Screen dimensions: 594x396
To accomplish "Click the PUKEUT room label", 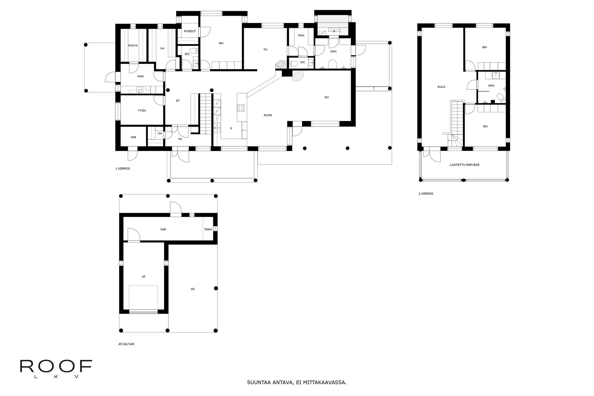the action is pyautogui.click(x=190, y=31).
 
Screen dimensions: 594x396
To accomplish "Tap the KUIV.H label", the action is pyautogui.click(x=133, y=45).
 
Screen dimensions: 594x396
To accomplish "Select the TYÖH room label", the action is pyautogui.click(x=142, y=110).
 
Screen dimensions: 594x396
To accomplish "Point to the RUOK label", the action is pyautogui.click(x=268, y=115).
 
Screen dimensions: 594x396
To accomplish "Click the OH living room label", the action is pyautogui.click(x=326, y=97).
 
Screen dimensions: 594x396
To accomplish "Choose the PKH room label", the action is pyautogui.click(x=301, y=36).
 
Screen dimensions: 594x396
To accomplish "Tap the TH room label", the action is pyautogui.click(x=265, y=49).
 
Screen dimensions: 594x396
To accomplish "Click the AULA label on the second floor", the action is pyautogui.click(x=441, y=87).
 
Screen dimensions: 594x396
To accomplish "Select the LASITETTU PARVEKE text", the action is pyautogui.click(x=465, y=165).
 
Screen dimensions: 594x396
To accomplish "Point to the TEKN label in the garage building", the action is pyautogui.click(x=208, y=230).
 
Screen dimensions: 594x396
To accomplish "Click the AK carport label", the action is pyautogui.click(x=193, y=289).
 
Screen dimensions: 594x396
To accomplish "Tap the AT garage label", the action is pyautogui.click(x=144, y=277).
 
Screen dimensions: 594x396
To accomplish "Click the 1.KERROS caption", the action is pyautogui.click(x=123, y=169).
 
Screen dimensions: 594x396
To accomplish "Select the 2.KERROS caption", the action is pyautogui.click(x=426, y=194).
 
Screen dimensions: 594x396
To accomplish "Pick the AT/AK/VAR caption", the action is pyautogui.click(x=126, y=344).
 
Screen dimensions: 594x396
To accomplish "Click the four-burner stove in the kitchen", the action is pyautogui.click(x=241, y=108).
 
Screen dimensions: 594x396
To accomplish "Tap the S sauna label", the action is pyautogui.click(x=334, y=31).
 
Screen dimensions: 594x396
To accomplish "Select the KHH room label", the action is pyautogui.click(x=140, y=76).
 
